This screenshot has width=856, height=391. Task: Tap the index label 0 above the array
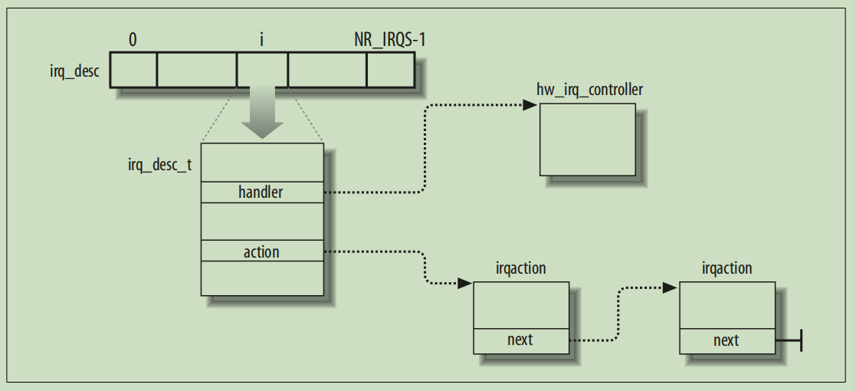click(x=133, y=39)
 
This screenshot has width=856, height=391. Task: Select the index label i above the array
click(x=262, y=39)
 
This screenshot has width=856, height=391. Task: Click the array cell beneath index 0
click(x=134, y=70)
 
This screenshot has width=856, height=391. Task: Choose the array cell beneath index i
click(x=262, y=70)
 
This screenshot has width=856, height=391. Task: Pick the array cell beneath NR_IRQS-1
click(x=390, y=70)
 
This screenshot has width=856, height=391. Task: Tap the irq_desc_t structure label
click(x=160, y=165)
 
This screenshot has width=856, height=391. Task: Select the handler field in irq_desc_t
click(x=261, y=192)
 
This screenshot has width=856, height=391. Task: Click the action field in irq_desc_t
click(x=261, y=251)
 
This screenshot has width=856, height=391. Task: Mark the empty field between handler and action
click(x=261, y=222)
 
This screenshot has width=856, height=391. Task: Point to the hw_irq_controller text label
click(x=589, y=90)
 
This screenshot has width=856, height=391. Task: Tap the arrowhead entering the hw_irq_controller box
click(x=530, y=105)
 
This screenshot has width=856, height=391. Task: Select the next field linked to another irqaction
click(x=520, y=340)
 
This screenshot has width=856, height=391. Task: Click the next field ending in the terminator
click(x=726, y=340)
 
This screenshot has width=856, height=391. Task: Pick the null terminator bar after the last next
click(x=800, y=340)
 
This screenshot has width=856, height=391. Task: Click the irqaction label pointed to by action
click(x=521, y=269)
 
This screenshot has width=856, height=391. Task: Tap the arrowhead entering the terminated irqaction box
click(x=670, y=287)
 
